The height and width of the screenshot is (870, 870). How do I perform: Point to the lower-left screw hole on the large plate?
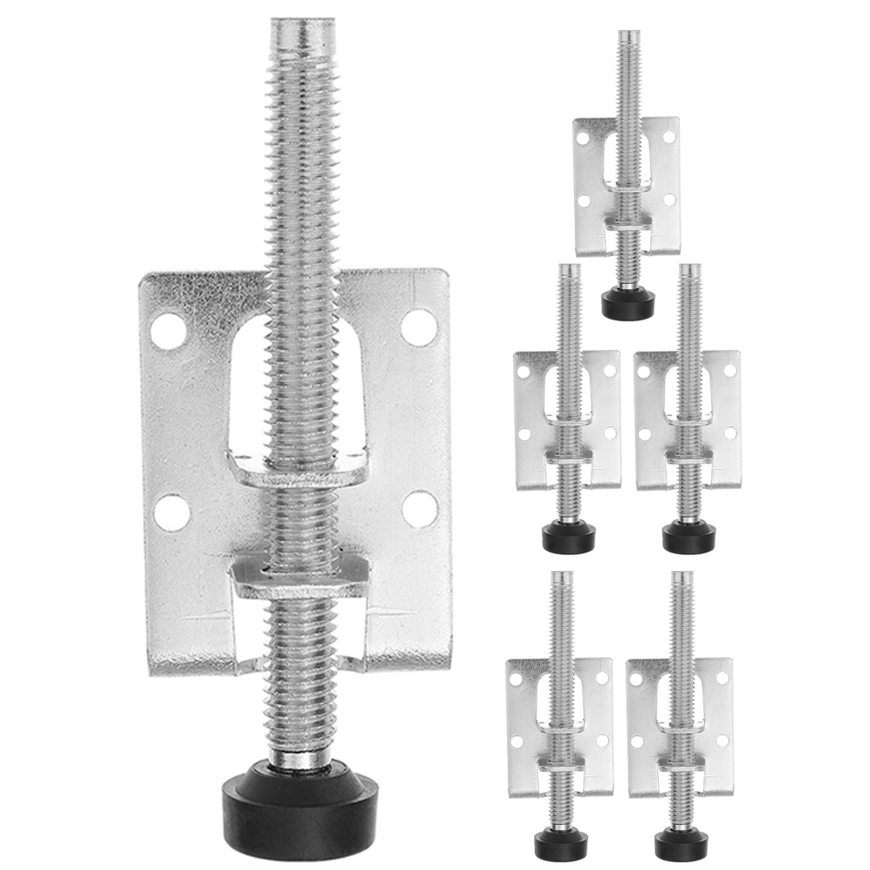[172, 512]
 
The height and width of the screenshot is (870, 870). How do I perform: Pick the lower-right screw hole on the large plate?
[420, 509]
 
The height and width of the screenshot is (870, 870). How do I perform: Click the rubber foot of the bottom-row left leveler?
[559, 840]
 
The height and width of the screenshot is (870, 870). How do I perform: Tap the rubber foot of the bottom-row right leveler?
[681, 840]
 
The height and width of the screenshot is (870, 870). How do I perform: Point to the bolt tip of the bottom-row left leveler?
[561, 577]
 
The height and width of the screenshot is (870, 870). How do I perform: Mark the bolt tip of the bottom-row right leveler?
[682, 577]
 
